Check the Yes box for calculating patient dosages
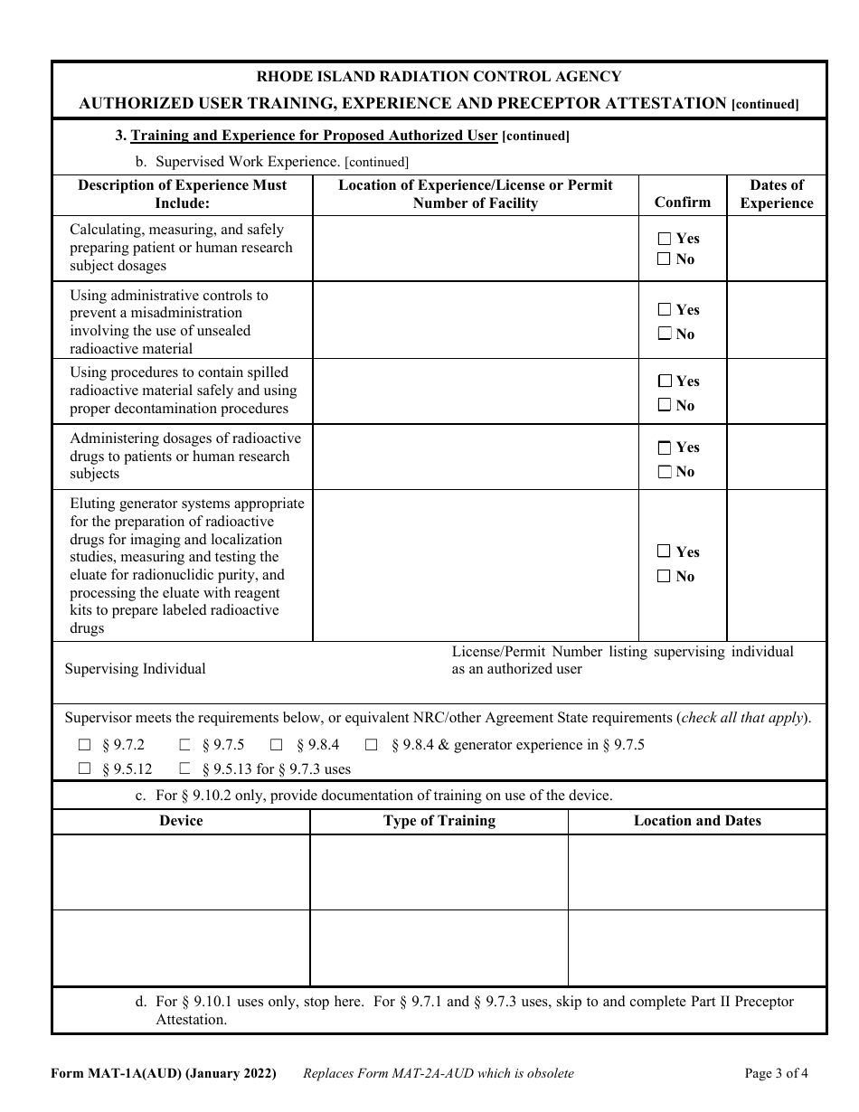pyautogui.click(x=665, y=239)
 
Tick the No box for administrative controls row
pyautogui.click(x=665, y=334)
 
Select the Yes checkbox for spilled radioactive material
pyautogui.click(x=665, y=382)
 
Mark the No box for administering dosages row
pyautogui.click(x=665, y=471)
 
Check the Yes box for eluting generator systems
pyautogui.click(x=665, y=551)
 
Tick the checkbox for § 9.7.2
pyautogui.click(x=85, y=746)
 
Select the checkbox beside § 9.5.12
pyautogui.click(x=85, y=769)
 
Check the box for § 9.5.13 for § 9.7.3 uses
pyautogui.click(x=185, y=769)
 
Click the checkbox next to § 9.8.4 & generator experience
pyautogui.click(x=372, y=746)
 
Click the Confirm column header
pyautogui.click(x=682, y=203)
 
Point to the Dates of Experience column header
pyautogui.click(x=776, y=194)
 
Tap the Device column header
pyautogui.click(x=181, y=821)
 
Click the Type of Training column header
pyautogui.click(x=439, y=821)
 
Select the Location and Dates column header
pyautogui.click(x=697, y=821)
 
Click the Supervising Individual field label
pyautogui.click(x=136, y=669)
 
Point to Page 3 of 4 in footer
pyautogui.click(x=776, y=1074)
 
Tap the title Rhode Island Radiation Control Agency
pyautogui.click(x=439, y=77)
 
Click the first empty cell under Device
pyautogui.click(x=181, y=872)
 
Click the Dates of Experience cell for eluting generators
pyautogui.click(x=776, y=565)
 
